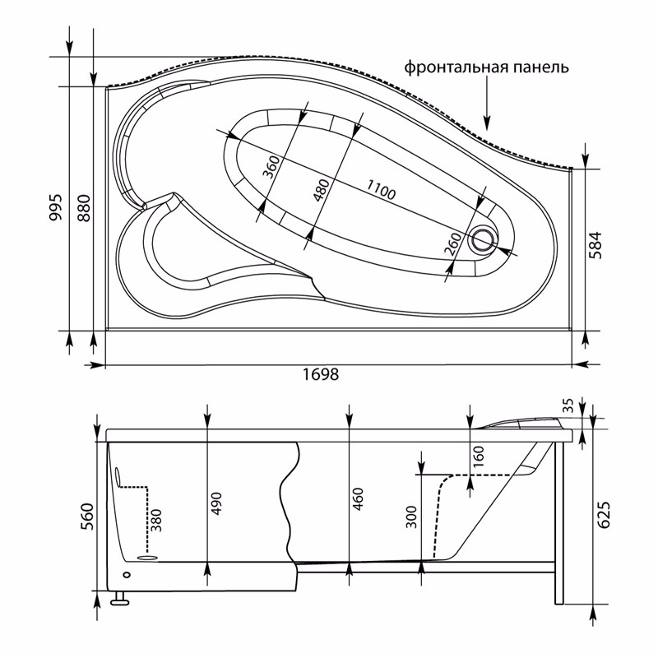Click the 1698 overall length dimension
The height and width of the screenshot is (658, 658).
321,374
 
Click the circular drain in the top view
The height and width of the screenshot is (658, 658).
483,239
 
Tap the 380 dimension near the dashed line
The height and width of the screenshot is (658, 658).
155,518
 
